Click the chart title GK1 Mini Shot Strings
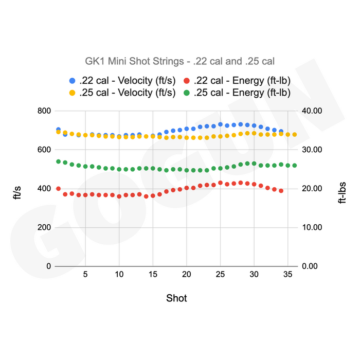(x=179, y=61)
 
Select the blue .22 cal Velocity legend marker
(x=72, y=81)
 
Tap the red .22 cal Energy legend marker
(x=187, y=81)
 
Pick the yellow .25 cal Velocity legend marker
(x=72, y=93)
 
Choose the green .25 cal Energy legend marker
(x=187, y=93)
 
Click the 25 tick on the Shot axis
(x=220, y=274)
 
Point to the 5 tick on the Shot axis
(x=85, y=274)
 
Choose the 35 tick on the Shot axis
(x=287, y=274)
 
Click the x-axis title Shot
(x=176, y=298)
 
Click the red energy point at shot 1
(x=58, y=189)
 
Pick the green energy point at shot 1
(x=58, y=161)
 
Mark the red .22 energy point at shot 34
(x=281, y=191)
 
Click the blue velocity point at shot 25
(x=220, y=124)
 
